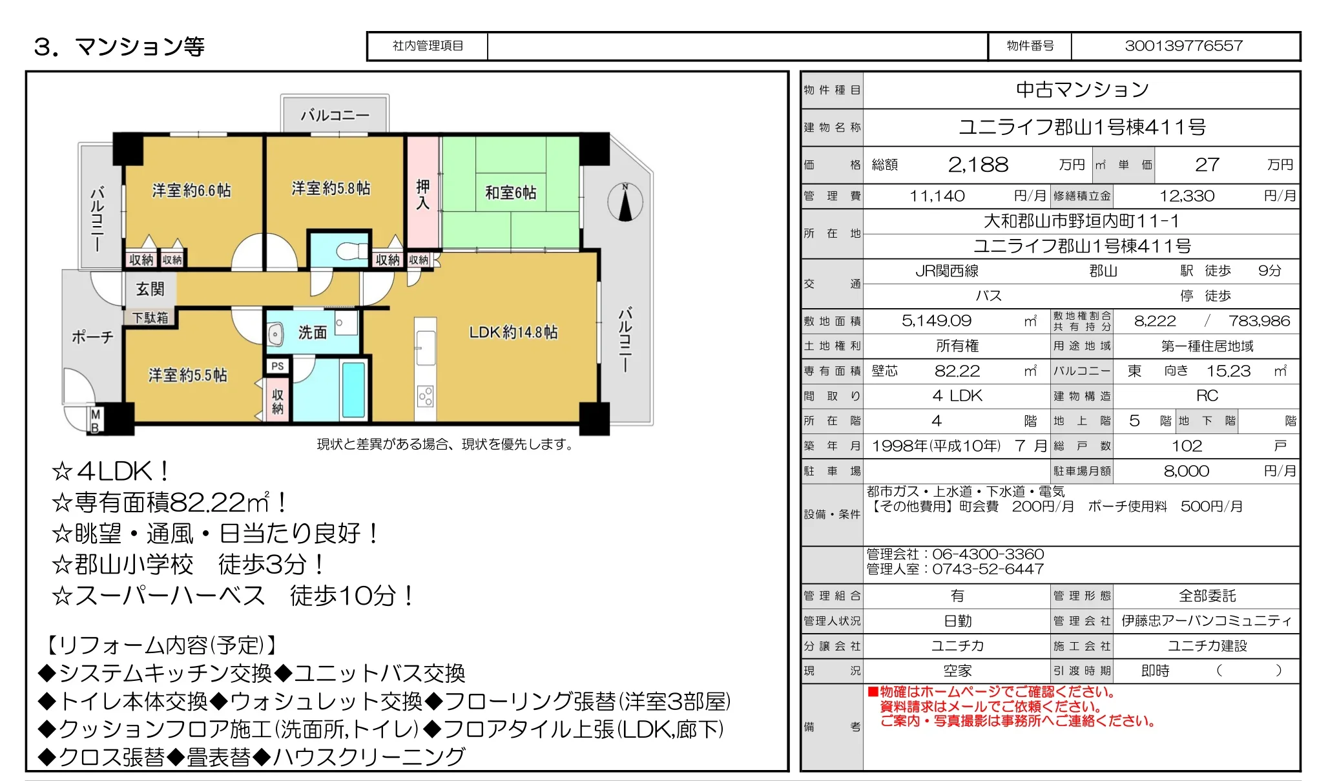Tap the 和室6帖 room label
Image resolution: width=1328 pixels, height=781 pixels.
tap(510, 193)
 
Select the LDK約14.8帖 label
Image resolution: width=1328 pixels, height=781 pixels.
tap(513, 332)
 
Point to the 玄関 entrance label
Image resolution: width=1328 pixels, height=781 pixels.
tap(150, 289)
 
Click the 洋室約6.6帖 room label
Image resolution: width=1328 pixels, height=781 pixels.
tap(191, 191)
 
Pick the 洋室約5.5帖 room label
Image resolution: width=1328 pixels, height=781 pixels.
tap(187, 375)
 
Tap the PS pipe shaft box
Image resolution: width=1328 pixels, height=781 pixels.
tap(278, 366)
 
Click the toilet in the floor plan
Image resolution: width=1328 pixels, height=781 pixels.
tap(352, 251)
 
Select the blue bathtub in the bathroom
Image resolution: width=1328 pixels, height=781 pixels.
tap(353, 390)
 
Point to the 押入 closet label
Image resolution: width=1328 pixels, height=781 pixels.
tap(422, 194)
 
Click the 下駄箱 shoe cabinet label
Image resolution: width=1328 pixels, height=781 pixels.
tap(150, 317)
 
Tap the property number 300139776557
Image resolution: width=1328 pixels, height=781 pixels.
tap(1183, 46)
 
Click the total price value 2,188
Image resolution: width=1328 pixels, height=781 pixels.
tap(978, 165)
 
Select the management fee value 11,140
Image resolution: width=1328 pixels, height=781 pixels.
tap(937, 196)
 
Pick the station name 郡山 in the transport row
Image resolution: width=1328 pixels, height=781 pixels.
tap(1103, 271)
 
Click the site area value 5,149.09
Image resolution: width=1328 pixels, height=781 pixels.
tap(936, 320)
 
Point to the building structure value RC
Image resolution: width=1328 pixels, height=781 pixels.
tap(1207, 395)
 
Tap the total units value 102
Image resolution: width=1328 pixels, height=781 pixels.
tap(1187, 446)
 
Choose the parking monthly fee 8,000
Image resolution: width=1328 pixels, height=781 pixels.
tap(1186, 471)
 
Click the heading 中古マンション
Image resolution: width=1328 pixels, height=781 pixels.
tap(1082, 90)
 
